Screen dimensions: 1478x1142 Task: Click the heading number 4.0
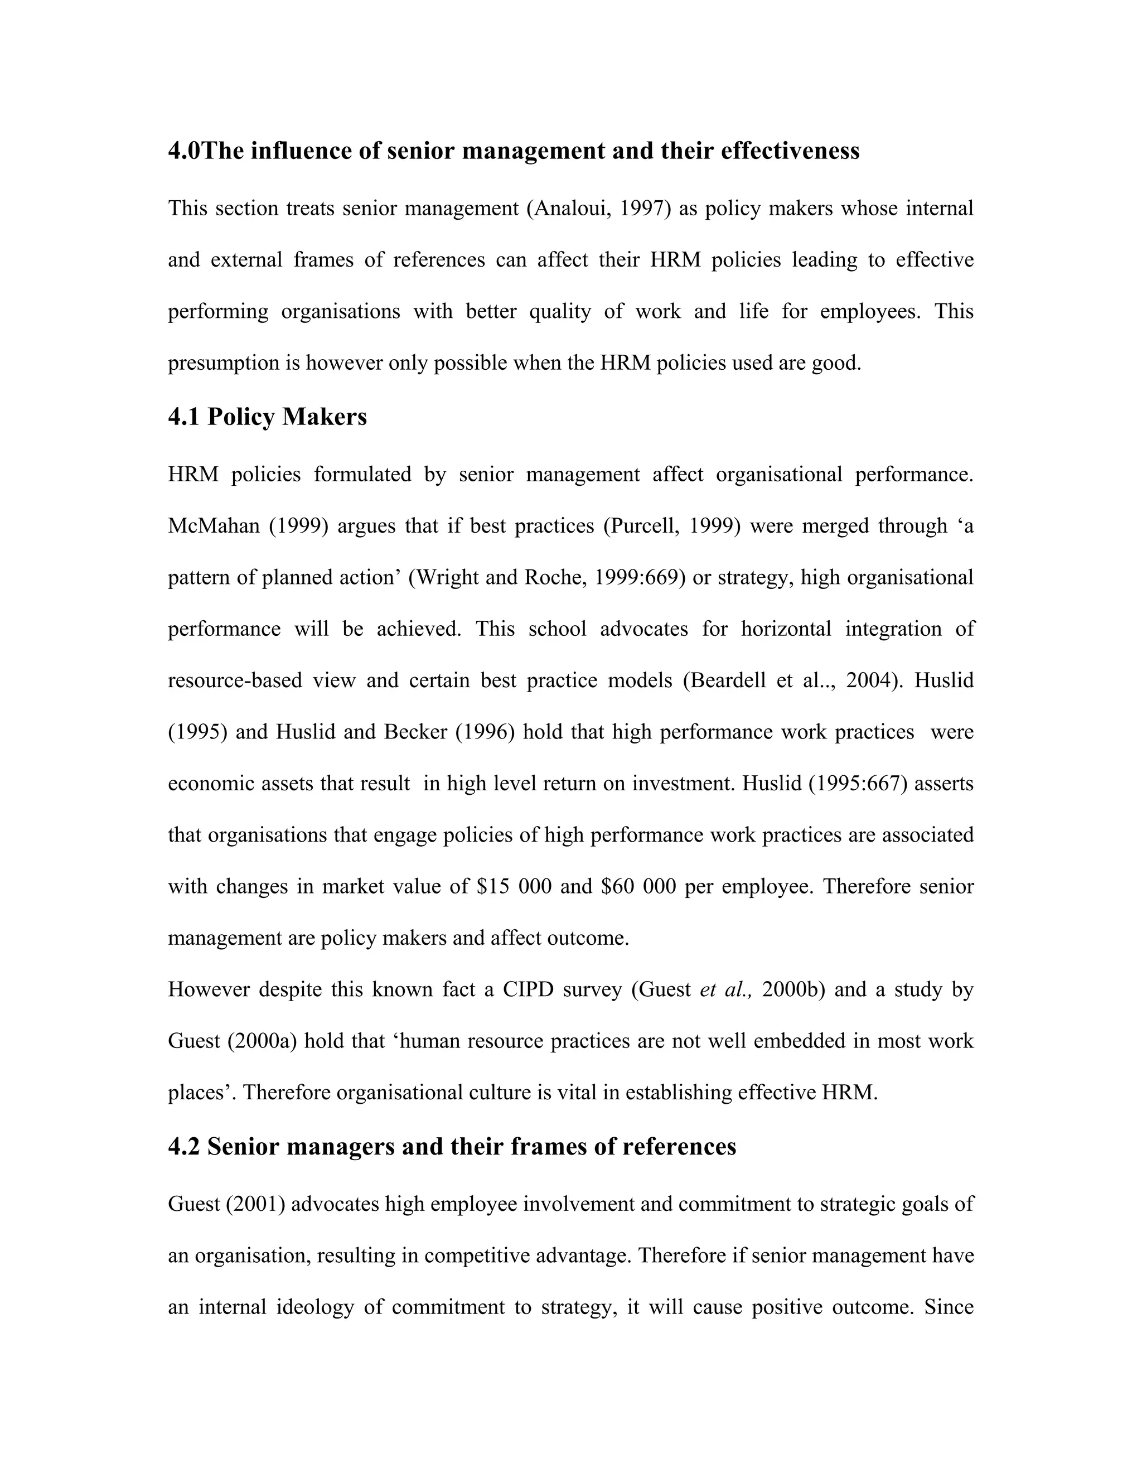tap(184, 150)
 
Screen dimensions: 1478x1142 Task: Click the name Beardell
tap(727, 680)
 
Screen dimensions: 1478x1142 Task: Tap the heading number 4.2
tap(184, 1146)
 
